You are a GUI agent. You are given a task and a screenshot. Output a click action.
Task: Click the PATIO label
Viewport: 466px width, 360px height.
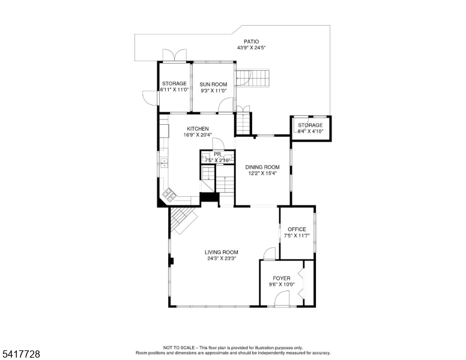251,41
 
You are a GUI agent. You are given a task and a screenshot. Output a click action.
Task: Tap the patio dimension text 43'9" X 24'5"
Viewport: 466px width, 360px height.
251,47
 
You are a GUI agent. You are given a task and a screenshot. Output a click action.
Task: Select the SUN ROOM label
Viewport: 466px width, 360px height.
213,85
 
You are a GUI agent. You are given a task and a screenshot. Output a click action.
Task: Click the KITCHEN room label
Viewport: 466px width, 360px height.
198,128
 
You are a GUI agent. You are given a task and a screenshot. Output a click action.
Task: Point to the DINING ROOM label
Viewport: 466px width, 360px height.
262,167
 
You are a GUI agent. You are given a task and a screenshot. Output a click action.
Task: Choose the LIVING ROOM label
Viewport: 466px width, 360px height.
222,253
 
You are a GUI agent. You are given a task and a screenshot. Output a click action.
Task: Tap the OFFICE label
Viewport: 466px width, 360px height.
297,229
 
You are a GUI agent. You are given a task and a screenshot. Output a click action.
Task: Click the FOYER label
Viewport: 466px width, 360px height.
282,278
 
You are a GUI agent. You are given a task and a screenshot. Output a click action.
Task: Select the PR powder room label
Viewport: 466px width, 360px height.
217,154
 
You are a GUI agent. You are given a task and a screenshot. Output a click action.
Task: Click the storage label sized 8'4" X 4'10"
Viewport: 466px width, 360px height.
310,125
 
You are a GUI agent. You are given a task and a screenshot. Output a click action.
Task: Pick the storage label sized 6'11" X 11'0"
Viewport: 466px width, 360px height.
175,84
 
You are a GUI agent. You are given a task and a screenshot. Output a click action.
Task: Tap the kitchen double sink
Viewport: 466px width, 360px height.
165,163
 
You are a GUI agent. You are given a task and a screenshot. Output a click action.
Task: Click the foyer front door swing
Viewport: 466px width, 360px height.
282,298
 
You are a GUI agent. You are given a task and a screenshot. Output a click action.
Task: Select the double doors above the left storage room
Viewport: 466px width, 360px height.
175,55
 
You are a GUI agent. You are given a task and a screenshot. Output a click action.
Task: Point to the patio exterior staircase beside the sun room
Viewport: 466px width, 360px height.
253,79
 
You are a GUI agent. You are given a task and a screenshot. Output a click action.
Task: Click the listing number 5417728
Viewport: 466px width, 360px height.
21,354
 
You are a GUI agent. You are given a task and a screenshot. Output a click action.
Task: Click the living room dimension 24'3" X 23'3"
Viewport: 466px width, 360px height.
222,259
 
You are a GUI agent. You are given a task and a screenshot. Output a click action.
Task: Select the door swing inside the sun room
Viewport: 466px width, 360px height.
226,105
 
